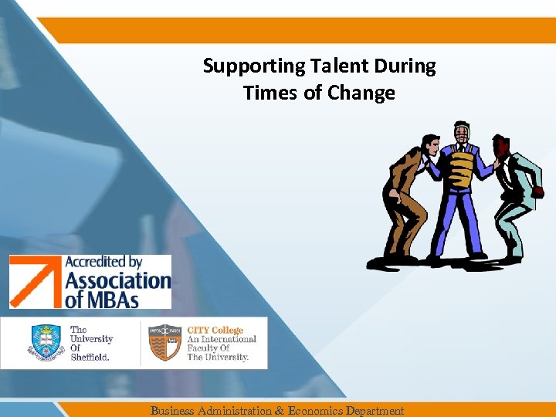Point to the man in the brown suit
pos(409,193)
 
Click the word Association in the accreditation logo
pos(117,280)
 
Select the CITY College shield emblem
pos(164,342)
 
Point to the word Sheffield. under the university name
pos(90,358)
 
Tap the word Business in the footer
pos(172,411)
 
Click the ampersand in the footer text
pos(279,411)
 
